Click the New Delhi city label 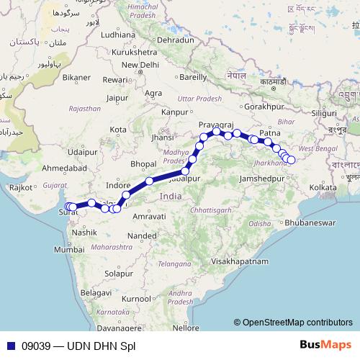pos(144,64)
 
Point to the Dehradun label pos(176,41)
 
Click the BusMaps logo pos(330,346)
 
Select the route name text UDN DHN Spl pos(101,346)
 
